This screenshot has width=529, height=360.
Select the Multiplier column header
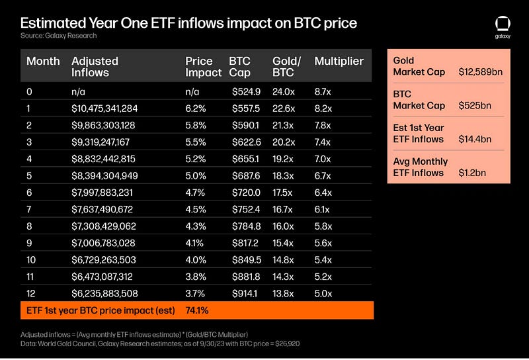(339, 61)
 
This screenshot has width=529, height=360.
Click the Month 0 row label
(30, 91)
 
